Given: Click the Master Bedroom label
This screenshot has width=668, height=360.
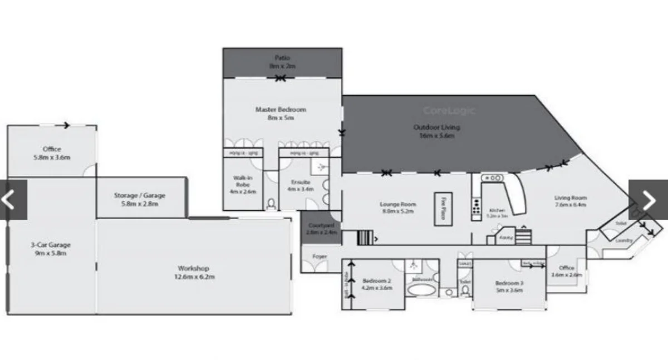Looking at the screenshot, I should pos(281,114).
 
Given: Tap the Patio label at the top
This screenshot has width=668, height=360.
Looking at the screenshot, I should pos(282,61).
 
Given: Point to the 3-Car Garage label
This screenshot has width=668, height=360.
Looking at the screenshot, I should pos(51,249).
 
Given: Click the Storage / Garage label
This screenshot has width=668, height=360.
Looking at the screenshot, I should pos(140,199).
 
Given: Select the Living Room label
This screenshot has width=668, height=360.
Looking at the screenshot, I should pos(571,201).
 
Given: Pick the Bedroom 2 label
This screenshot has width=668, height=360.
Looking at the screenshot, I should pos(377,284).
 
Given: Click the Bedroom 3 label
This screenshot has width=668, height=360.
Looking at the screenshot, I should pos(509,286).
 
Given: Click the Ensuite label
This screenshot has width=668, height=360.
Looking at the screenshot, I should pos(301,185).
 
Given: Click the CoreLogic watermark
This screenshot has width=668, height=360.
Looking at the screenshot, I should pos(449,110).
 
